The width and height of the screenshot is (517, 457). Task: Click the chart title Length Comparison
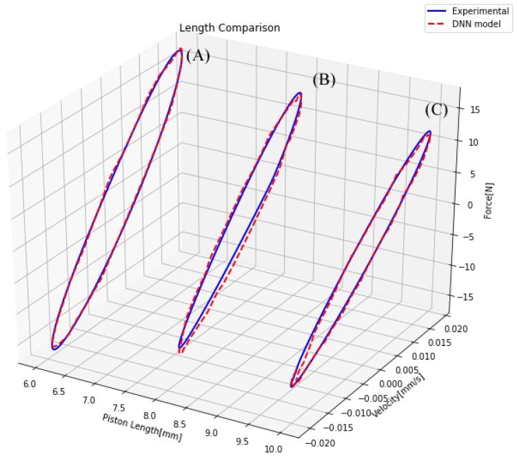[230, 28]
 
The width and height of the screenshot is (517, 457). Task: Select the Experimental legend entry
[480, 11]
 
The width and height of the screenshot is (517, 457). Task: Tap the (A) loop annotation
[198, 56]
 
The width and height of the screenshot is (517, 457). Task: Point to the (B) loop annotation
[323, 79]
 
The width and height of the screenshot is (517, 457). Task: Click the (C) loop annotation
[436, 110]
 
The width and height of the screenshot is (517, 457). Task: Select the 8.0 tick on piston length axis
[149, 416]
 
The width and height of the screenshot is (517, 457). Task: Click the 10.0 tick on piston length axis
[273, 449]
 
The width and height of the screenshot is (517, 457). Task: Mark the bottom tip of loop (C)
[292, 386]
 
